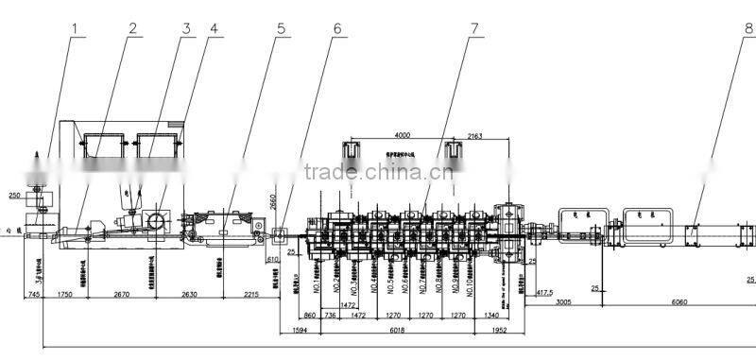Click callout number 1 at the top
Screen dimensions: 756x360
coord(74,27)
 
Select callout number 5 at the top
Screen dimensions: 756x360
coord(281,27)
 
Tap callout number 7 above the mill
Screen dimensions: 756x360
coord(473,27)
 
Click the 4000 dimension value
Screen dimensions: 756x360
coord(404,136)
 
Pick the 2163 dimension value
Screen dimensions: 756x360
coord(475,136)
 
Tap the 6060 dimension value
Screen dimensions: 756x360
coord(681,303)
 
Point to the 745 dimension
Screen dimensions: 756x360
coord(33,296)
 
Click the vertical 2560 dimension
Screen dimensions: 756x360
coord(273,204)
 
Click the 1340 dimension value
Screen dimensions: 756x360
coord(490,314)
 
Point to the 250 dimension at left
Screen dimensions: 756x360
coord(14,196)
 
